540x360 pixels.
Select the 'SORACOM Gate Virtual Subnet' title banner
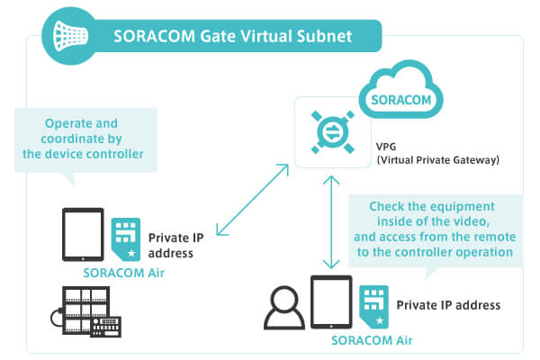point(234,37)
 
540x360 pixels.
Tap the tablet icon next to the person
point(329,303)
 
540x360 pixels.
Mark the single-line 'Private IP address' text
point(448,305)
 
